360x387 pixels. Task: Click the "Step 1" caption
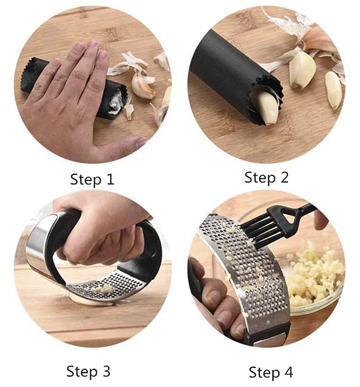click(x=92, y=179)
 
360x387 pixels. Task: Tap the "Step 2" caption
click(x=266, y=177)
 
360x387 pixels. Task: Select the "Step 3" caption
click(x=88, y=371)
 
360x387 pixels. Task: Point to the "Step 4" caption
click(x=271, y=372)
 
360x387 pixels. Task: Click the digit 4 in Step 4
click(x=288, y=372)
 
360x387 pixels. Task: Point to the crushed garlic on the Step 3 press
click(x=104, y=288)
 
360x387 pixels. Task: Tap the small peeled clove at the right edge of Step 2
click(x=333, y=90)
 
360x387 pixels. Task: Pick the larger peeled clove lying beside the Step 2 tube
click(x=302, y=70)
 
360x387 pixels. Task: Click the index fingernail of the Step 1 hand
click(x=103, y=55)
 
